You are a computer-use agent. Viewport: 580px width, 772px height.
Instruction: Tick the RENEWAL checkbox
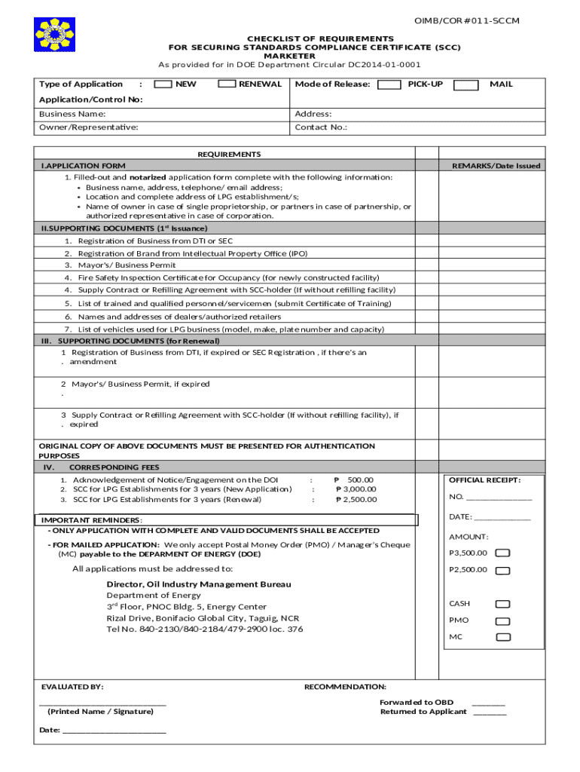coord(227,84)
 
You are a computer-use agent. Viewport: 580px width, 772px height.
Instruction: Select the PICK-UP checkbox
coord(389,84)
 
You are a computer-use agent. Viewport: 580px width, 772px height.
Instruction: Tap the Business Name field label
coord(72,114)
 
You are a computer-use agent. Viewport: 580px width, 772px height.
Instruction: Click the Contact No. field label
coord(321,127)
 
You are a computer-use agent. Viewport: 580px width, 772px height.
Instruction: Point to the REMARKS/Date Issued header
coord(496,166)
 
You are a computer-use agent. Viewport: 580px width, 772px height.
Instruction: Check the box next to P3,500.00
coord(503,553)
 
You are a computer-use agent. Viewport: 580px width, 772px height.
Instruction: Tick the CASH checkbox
coord(503,604)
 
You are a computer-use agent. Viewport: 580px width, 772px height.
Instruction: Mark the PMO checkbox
coord(503,620)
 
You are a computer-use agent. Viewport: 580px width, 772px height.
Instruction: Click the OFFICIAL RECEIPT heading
coord(484,480)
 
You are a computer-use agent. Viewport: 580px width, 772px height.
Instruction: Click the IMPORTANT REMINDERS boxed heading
coord(91,520)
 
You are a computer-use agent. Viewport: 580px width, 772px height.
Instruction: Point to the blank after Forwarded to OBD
coord(488,702)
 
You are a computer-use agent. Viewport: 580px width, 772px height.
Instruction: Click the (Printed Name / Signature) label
coord(100,712)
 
